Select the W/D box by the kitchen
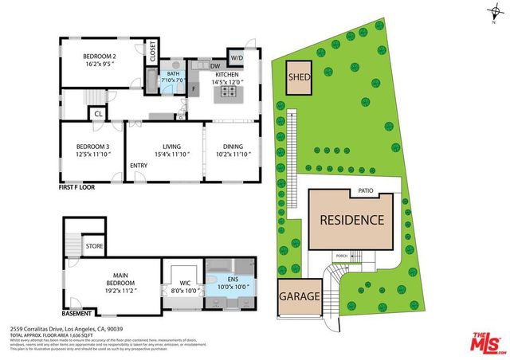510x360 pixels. coord(237,58)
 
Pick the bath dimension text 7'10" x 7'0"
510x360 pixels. coord(173,80)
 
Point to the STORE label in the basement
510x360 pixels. coord(95,247)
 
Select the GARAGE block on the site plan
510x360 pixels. coord(300,296)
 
